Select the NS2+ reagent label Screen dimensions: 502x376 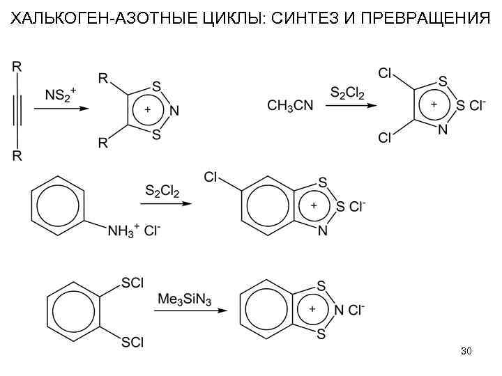(63, 95)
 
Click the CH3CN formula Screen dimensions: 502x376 (290, 105)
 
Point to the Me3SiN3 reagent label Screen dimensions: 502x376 (184, 299)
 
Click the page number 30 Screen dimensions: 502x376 (466, 351)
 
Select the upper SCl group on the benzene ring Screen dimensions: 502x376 (132, 283)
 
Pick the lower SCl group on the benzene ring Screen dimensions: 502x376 (132, 341)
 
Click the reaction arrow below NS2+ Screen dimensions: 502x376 (63, 109)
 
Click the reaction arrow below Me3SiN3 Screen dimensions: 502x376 (184, 311)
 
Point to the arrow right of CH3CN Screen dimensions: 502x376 (353, 105)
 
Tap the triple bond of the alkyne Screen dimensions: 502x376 (17, 111)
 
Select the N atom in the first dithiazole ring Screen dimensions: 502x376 (174, 111)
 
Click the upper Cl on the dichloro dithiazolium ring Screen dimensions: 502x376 (384, 73)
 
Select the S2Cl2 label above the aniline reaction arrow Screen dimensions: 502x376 (162, 190)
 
